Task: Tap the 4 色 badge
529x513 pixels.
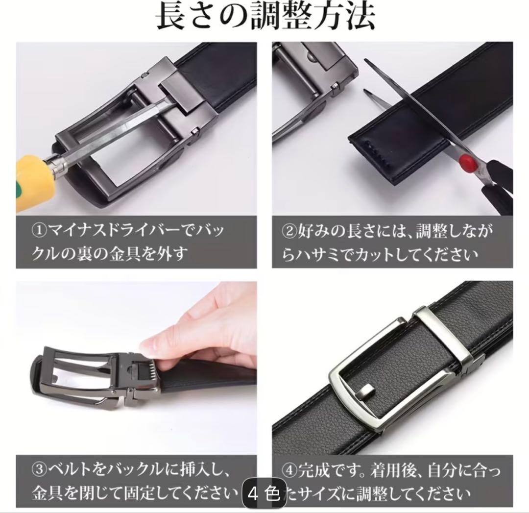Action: point(264,494)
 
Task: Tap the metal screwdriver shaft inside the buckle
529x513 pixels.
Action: point(115,132)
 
